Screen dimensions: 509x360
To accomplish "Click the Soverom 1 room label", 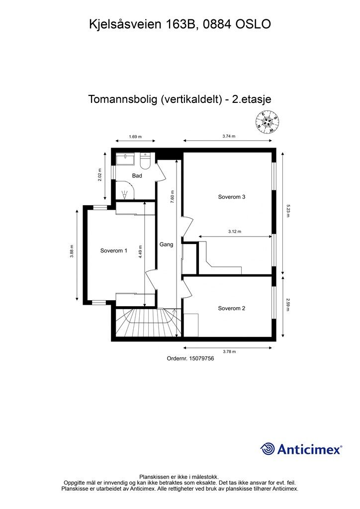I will [x=114, y=251].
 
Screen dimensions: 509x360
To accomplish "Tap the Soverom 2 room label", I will [x=232, y=308].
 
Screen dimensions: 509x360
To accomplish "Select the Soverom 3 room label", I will [x=232, y=197].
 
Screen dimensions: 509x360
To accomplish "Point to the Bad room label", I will [x=137, y=176].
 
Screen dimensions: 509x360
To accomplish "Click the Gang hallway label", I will [x=166, y=245].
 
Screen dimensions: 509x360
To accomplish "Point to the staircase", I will [x=144, y=323].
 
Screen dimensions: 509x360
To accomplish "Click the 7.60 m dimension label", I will [x=172, y=195].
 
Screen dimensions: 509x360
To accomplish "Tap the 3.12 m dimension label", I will [x=235, y=232].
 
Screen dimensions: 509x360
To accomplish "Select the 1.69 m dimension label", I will [x=135, y=137].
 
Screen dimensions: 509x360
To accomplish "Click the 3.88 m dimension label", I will [x=72, y=253].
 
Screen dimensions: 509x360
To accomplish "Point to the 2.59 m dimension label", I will [x=288, y=304].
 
